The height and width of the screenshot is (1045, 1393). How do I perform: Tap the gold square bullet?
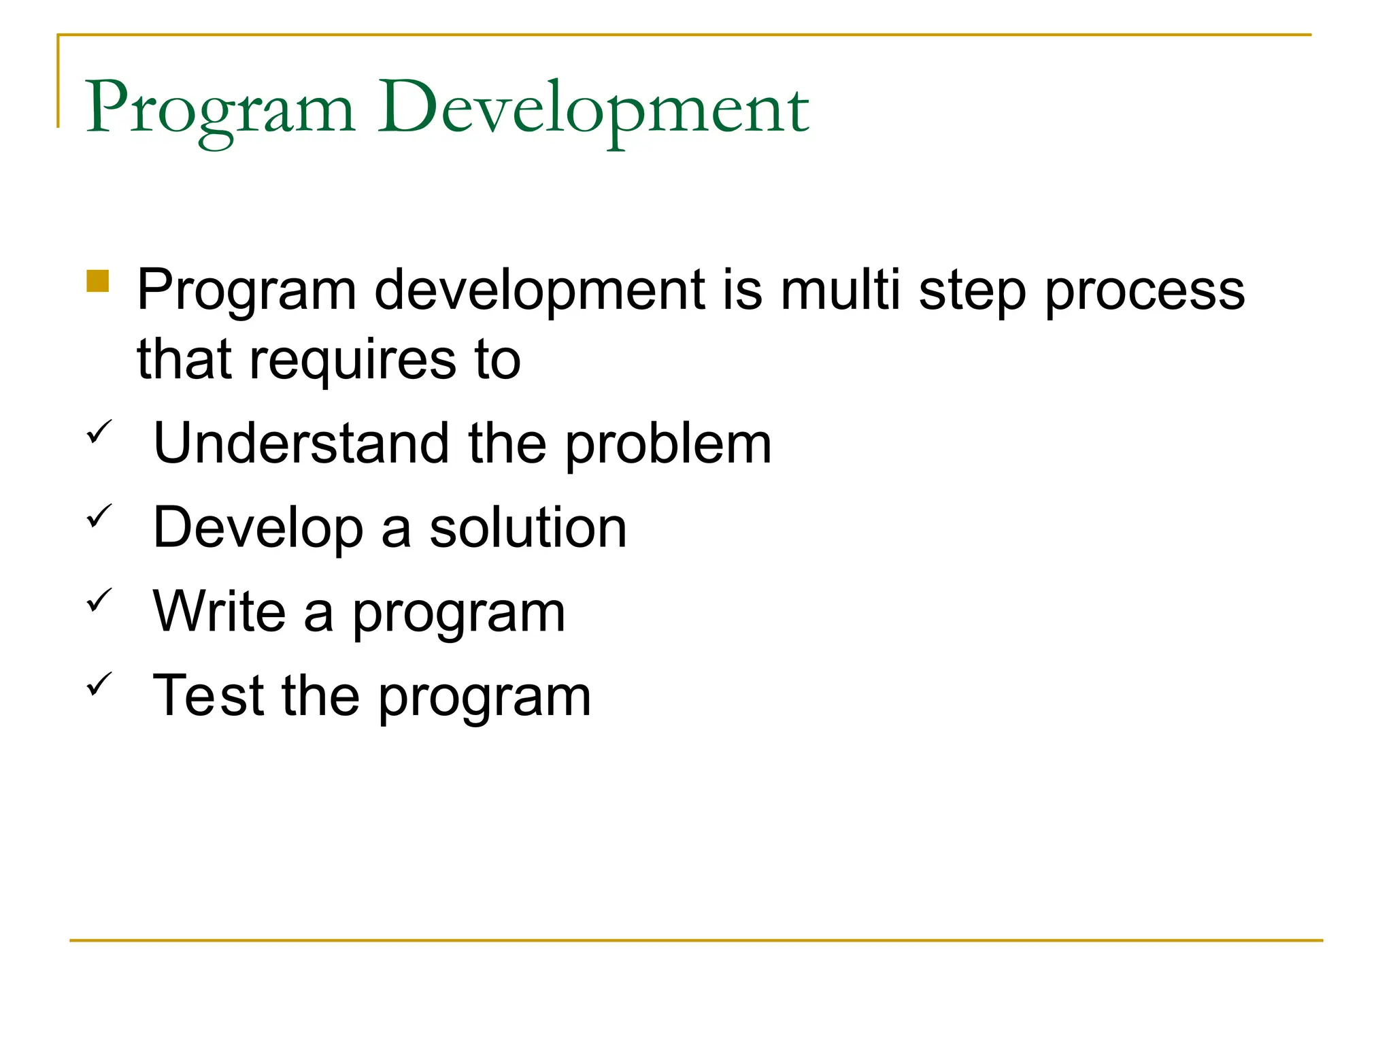pos(98,281)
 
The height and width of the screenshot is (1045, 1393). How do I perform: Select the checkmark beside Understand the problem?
pos(99,432)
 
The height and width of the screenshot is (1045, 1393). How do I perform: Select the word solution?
pos(528,528)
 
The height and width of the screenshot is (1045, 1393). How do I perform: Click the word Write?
pos(219,612)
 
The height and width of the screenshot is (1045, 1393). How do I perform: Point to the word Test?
pos(208,696)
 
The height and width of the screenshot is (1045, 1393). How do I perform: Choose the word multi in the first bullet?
pos(841,291)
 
